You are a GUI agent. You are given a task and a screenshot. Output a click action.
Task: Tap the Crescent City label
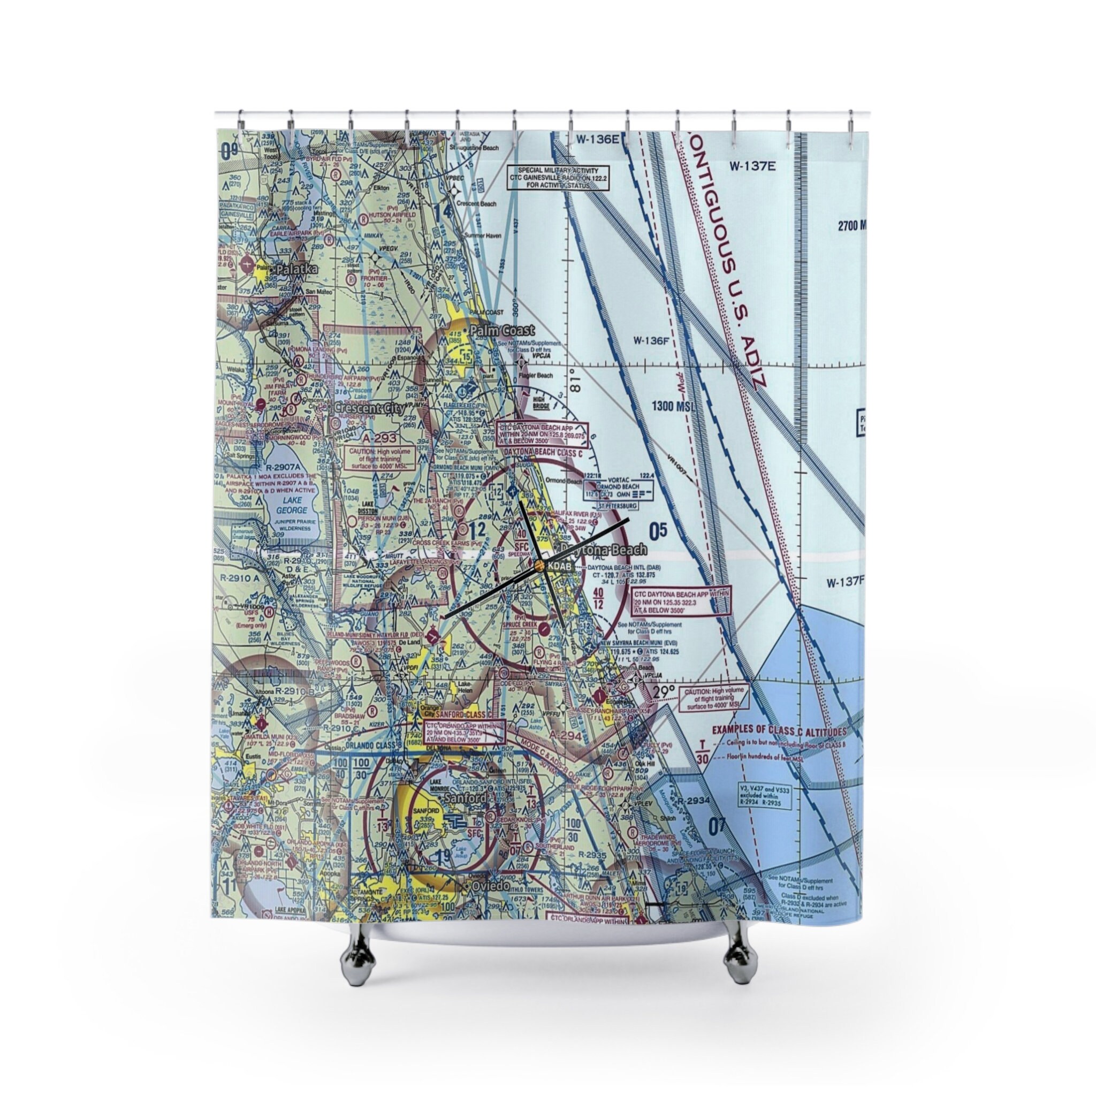point(369,408)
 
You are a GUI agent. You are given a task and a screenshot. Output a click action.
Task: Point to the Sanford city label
point(465,797)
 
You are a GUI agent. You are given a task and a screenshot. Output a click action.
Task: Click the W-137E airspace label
point(752,166)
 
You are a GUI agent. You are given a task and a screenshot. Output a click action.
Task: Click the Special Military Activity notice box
point(558,178)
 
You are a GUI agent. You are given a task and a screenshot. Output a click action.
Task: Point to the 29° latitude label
point(665,692)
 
